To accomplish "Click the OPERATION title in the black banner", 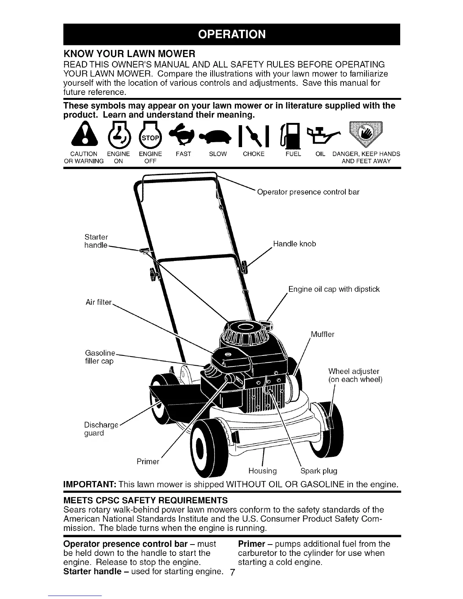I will pyautogui.click(x=231, y=34).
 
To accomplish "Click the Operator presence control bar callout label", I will pyautogui.click(x=308, y=192).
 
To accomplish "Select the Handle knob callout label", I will pyautogui.click(x=294, y=244).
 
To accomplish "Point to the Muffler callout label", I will pyautogui.click(x=322, y=334).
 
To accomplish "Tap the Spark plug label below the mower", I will pyautogui.click(x=319, y=471).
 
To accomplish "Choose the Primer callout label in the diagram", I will pyautogui.click(x=148, y=462).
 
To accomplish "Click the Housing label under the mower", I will pyautogui.click(x=263, y=471).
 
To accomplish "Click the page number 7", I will pyautogui.click(x=233, y=573).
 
